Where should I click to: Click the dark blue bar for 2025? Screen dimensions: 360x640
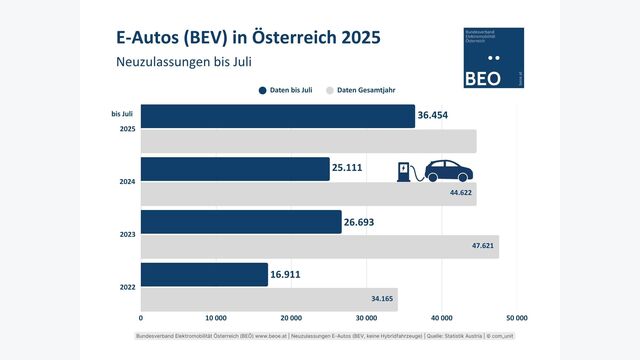(x=277, y=116)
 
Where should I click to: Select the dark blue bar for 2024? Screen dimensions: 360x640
(x=235, y=169)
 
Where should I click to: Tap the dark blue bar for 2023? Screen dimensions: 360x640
(x=241, y=222)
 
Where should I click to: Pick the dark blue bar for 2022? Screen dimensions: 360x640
(x=204, y=275)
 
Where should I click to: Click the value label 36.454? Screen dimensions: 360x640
(x=437, y=116)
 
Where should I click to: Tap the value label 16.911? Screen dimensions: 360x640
(x=291, y=275)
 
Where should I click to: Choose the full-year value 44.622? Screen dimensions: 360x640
(x=460, y=193)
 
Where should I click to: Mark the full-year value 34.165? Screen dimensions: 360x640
(x=385, y=299)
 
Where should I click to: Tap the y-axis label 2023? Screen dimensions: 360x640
(x=127, y=234)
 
